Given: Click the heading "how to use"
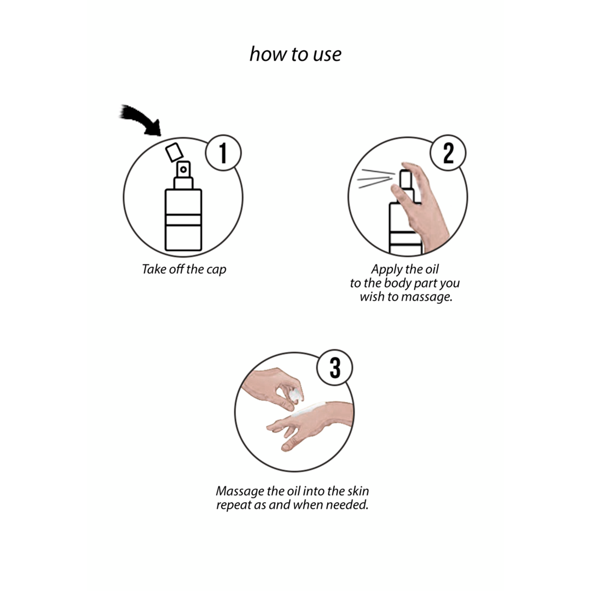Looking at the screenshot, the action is coord(296,54).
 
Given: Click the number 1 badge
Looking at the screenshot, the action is coord(223,153).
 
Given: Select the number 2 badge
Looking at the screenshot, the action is coord(448,153).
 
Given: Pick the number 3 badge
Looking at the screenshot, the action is coord(335,367).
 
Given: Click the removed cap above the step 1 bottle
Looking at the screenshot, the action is coord(174,152).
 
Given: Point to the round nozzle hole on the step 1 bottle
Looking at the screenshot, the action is coord(183,170).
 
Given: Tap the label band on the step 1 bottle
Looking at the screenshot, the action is coord(183,219).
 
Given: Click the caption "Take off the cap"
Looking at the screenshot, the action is coord(184,269).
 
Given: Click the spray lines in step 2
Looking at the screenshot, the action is coord(375,178).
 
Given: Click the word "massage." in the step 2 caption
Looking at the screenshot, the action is coord(427,297).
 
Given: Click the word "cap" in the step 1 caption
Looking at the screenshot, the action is coord(216,270).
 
